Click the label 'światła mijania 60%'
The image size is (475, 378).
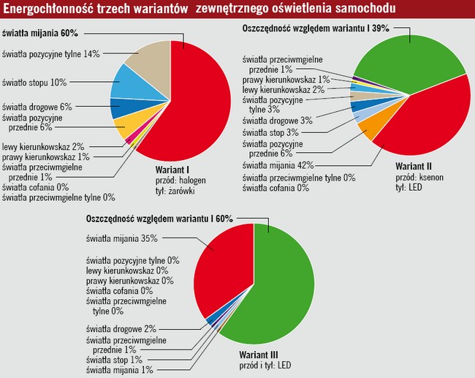pos(40,34)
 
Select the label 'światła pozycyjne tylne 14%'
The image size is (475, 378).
pos(50,53)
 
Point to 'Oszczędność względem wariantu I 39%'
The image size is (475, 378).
pos(314,28)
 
